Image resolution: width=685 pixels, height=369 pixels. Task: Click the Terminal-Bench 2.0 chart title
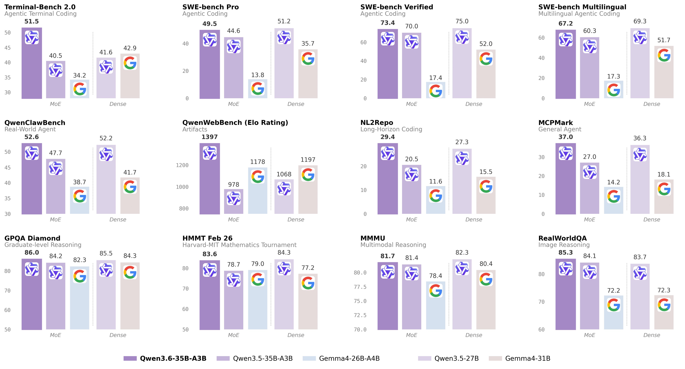(x=40, y=7)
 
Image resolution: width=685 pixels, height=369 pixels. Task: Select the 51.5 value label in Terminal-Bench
(x=31, y=22)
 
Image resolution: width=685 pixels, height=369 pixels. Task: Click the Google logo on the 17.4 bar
(x=436, y=91)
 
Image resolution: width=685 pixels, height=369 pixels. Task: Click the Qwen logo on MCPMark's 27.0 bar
(x=590, y=172)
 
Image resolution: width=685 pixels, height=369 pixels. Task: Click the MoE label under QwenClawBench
(x=55, y=220)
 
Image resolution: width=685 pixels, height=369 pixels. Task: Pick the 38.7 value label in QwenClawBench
(x=79, y=182)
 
